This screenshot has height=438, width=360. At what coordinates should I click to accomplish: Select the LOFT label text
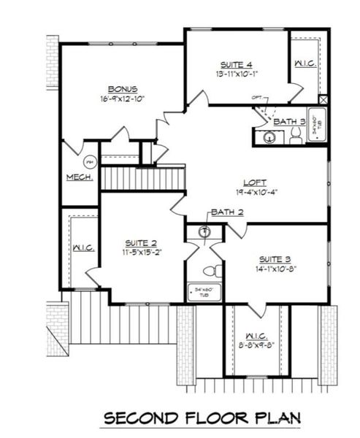(255, 182)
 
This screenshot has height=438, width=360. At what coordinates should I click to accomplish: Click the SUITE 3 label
(276, 258)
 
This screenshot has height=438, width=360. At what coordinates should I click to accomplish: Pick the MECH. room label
(78, 177)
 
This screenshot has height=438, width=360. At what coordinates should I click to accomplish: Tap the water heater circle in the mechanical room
(91, 162)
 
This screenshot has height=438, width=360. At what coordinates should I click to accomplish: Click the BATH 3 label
(289, 121)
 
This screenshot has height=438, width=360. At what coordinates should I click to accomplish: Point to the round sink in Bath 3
(263, 137)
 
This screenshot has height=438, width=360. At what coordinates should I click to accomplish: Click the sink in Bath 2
(205, 231)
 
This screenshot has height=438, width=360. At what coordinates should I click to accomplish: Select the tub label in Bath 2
(204, 291)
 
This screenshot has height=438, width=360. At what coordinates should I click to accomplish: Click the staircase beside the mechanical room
(142, 178)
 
